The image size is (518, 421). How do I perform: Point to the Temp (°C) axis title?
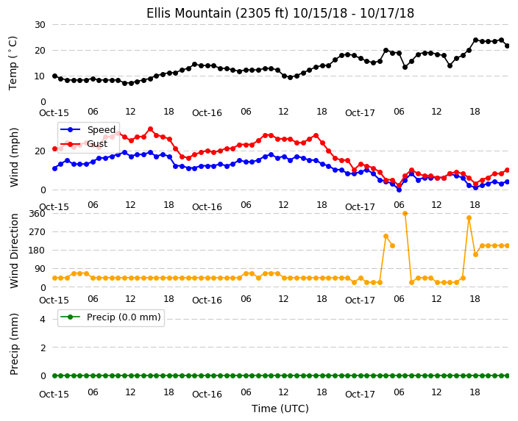click(13, 63)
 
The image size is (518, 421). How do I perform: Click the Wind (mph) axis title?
click(14, 157)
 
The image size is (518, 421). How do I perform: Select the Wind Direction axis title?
click(14, 251)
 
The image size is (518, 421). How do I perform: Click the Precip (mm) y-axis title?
click(14, 344)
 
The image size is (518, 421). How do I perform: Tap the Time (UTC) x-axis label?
click(280, 409)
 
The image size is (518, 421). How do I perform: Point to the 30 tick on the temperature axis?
click(40, 25)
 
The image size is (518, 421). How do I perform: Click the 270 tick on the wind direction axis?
click(37, 232)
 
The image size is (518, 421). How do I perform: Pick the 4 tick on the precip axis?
click(43, 319)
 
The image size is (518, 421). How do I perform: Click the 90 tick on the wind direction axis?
click(40, 269)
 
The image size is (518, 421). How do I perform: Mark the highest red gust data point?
click(150, 129)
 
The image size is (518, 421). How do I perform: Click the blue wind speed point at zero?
click(399, 190)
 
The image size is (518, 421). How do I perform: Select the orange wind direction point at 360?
click(405, 214)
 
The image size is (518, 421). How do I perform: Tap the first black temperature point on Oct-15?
click(55, 76)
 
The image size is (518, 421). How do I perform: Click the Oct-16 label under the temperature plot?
click(207, 113)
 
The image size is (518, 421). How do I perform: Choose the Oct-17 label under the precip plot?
click(360, 395)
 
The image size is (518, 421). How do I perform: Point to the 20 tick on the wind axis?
click(40, 151)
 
